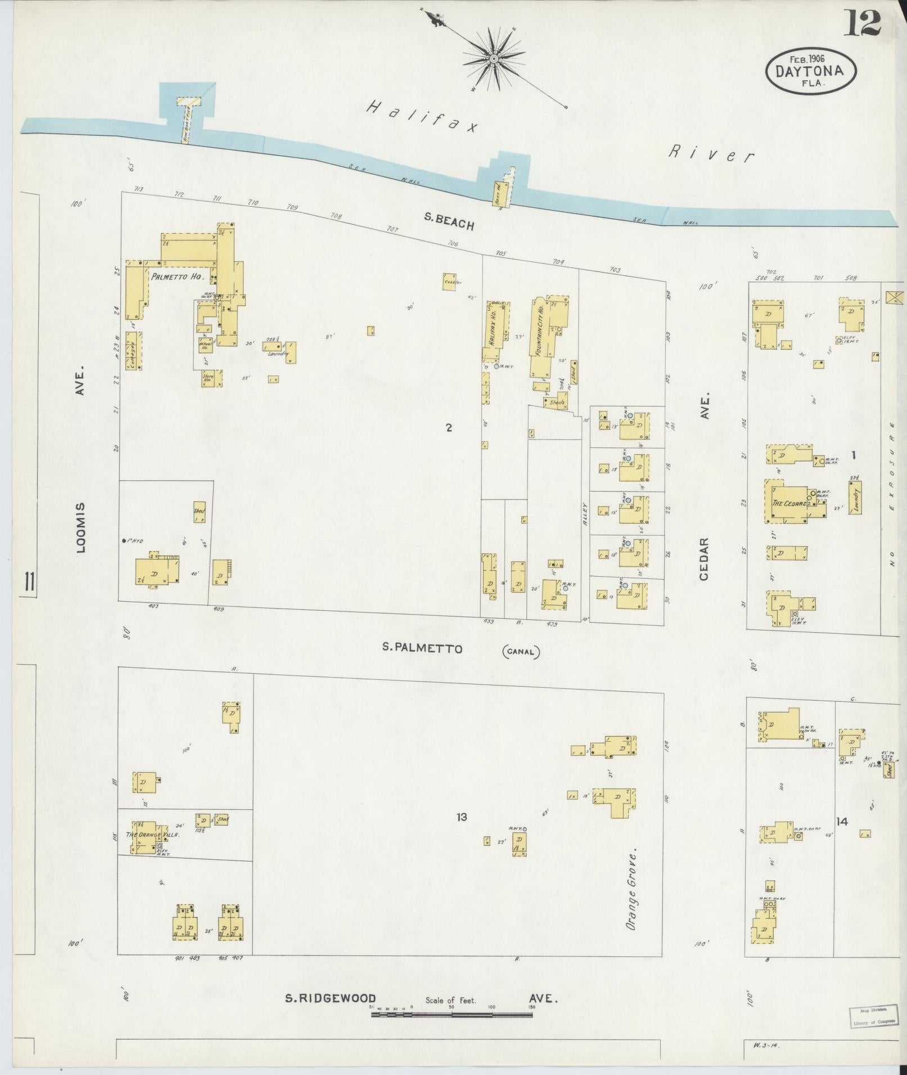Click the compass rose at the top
pos(493,58)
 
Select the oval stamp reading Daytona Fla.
pos(810,70)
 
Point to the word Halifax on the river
pos(421,116)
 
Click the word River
pos(710,153)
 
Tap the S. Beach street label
pos(449,223)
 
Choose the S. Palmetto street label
pos(422,648)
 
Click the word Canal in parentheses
pos(520,652)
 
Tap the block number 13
pos(462,817)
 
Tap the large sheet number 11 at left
pos(28,582)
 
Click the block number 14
pos(841,822)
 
